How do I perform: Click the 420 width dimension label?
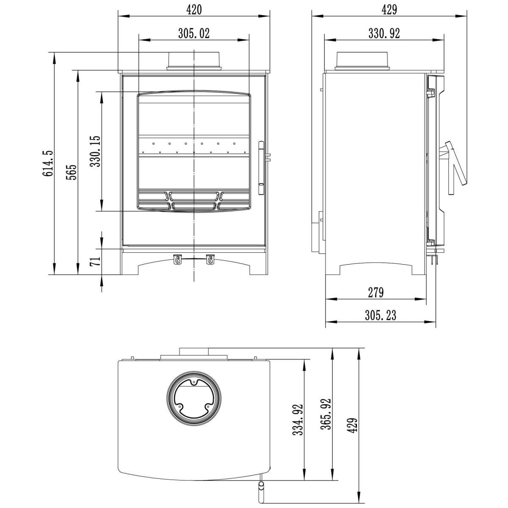click(x=194, y=10)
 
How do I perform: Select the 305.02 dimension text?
click(x=194, y=33)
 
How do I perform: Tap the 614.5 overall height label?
click(x=48, y=163)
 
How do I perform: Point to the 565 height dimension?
click(x=71, y=172)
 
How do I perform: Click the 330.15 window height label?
click(x=95, y=151)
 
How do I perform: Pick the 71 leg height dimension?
click(x=95, y=262)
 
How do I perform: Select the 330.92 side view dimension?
click(x=384, y=33)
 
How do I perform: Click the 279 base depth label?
click(x=375, y=293)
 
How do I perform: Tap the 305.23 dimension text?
click(x=381, y=315)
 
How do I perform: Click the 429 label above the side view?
click(x=389, y=10)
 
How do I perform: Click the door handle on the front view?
click(x=261, y=168)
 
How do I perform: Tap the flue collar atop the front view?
click(x=194, y=61)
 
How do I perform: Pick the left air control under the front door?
click(x=177, y=260)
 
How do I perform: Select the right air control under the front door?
click(x=210, y=260)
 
